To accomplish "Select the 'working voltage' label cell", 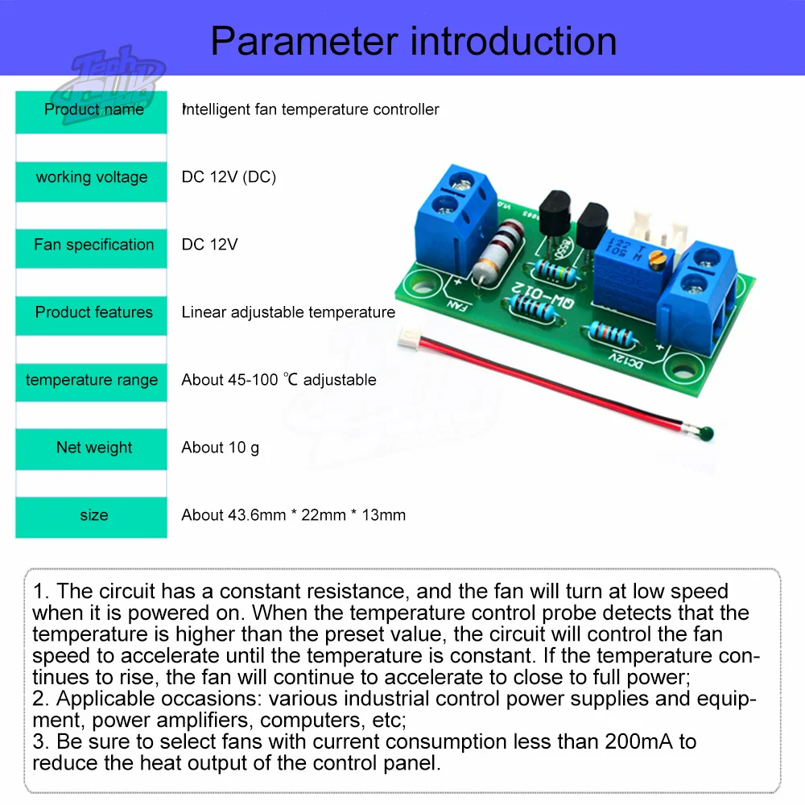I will coord(92,177).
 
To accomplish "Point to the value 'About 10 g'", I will coord(220,448).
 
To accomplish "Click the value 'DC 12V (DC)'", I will coord(229,177).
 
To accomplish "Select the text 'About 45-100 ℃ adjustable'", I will coord(279,380).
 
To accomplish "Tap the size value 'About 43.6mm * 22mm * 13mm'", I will coord(293,515).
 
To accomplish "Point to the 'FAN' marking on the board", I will coord(456,308).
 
